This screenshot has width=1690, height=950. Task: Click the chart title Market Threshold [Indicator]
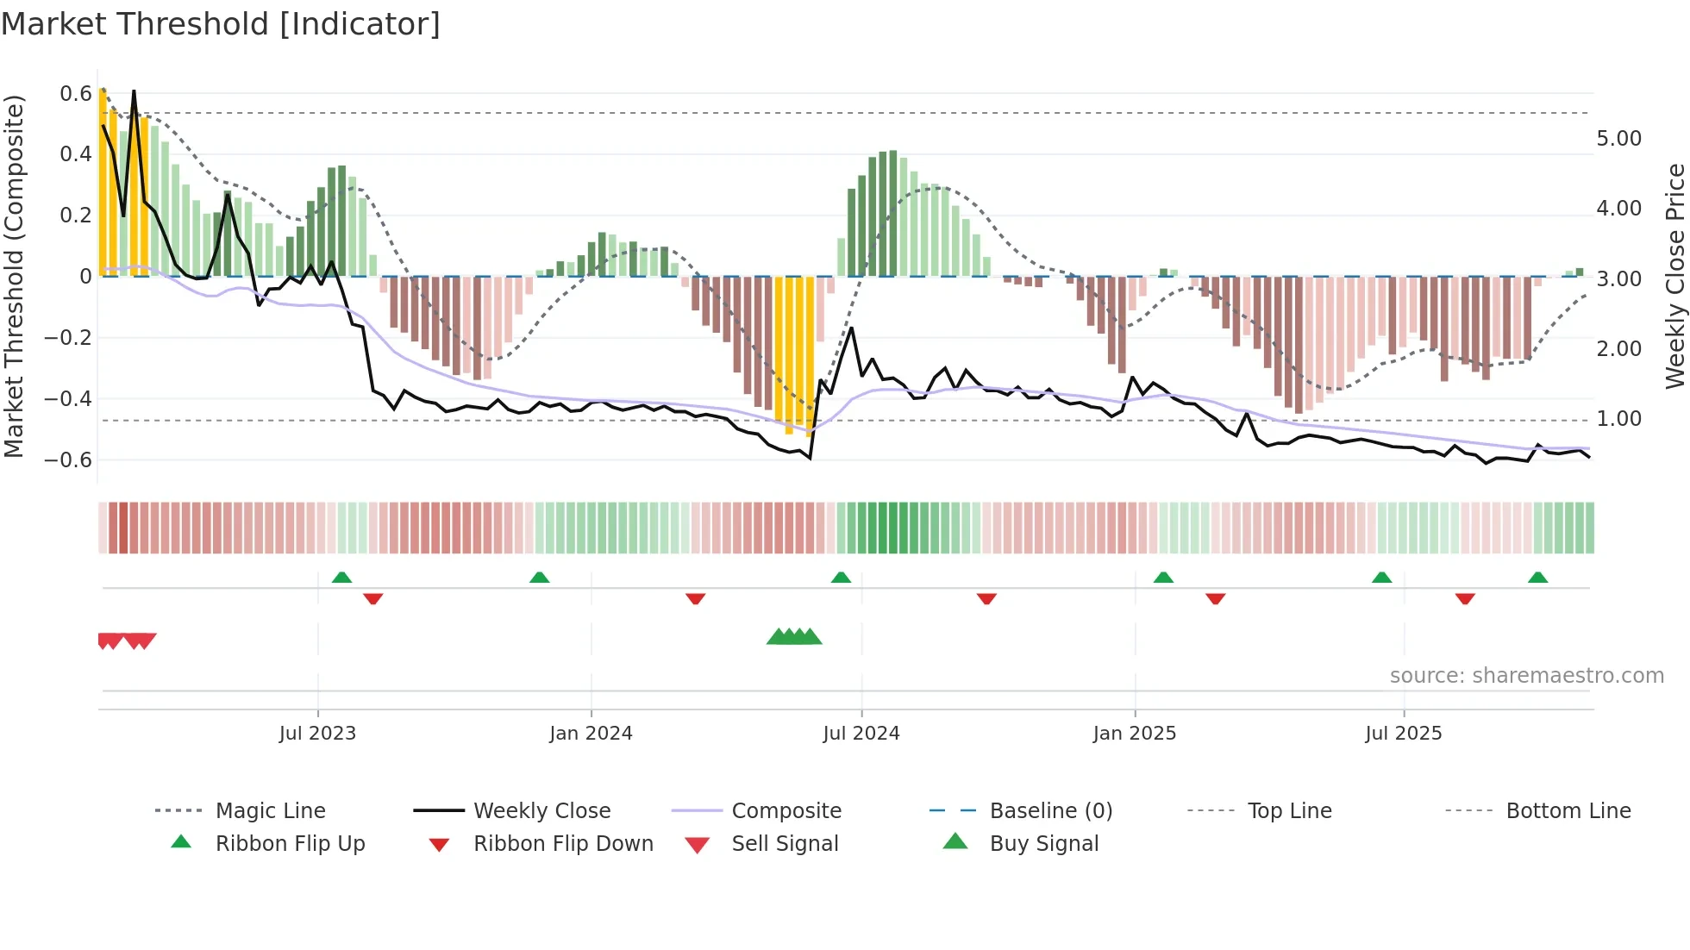pyautogui.click(x=221, y=24)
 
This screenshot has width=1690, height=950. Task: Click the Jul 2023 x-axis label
pyautogui.click(x=317, y=734)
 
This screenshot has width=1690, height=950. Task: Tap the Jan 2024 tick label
pyautogui.click(x=591, y=734)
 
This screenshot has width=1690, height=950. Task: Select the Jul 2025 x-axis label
pyautogui.click(x=1403, y=734)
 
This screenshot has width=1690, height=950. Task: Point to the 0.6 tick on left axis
pyautogui.click(x=76, y=93)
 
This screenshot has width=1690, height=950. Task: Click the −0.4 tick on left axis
pyautogui.click(x=68, y=398)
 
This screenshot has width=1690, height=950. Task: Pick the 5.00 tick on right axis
pyautogui.click(x=1618, y=139)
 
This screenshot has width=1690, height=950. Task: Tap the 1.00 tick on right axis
pyautogui.click(x=1618, y=419)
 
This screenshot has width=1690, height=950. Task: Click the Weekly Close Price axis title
pyautogui.click(x=1674, y=276)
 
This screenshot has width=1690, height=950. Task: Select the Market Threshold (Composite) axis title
pyautogui.click(x=14, y=276)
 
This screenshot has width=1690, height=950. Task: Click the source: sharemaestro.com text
pyautogui.click(x=1526, y=676)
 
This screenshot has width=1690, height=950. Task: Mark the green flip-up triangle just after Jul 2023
pyautogui.click(x=341, y=578)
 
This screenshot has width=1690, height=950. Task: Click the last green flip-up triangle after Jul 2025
pyautogui.click(x=1537, y=578)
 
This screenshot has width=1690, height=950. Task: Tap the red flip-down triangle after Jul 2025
pyautogui.click(x=1465, y=599)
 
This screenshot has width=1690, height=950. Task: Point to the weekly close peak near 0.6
pyautogui.click(x=134, y=91)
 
